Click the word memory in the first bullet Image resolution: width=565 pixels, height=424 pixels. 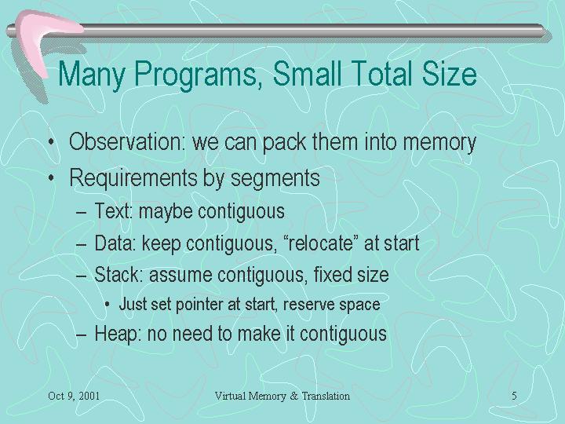(439, 143)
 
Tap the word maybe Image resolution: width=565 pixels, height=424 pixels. (166, 212)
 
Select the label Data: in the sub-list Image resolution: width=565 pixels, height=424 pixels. (115, 243)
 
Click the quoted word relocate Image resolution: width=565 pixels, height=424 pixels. (318, 243)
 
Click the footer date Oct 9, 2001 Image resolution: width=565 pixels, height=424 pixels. (74, 397)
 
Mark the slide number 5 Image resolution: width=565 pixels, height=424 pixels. (514, 396)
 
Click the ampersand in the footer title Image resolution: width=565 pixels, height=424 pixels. (294, 396)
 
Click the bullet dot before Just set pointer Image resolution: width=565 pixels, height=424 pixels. (107, 305)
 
